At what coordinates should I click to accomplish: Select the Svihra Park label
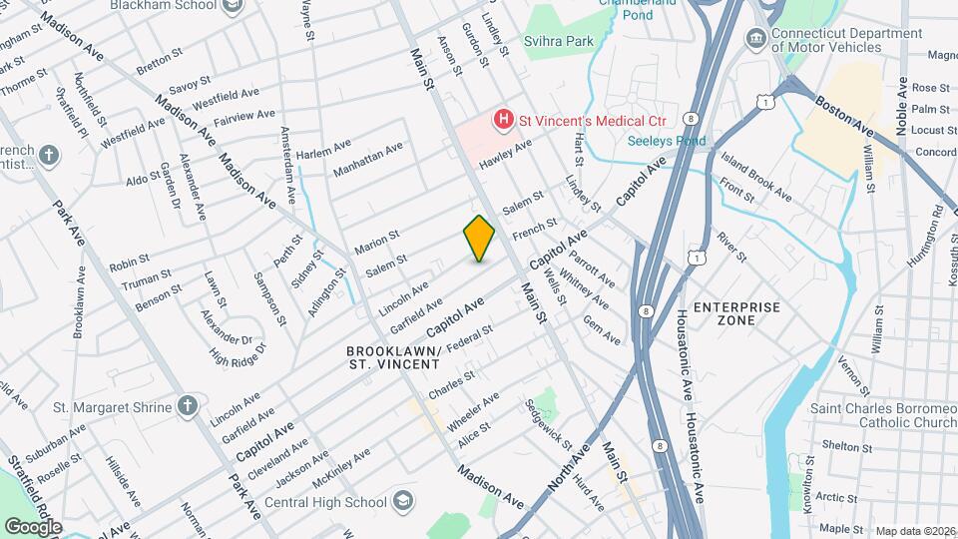tap(559, 42)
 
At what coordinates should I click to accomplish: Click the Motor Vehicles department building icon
tap(755, 41)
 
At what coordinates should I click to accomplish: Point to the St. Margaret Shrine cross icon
tap(186, 405)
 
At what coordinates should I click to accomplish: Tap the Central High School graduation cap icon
tap(403, 499)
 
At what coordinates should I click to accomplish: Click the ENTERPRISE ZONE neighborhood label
tap(736, 313)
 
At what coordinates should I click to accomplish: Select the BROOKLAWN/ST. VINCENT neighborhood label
tap(393, 358)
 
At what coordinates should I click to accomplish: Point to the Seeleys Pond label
tap(666, 141)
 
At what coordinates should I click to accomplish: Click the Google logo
tap(32, 526)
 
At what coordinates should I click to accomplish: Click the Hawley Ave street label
tap(506, 154)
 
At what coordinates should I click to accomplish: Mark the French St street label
tap(534, 231)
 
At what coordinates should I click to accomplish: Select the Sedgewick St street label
tap(548, 424)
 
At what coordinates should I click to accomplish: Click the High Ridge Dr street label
tap(239, 352)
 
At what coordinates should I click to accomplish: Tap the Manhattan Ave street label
tap(367, 159)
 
